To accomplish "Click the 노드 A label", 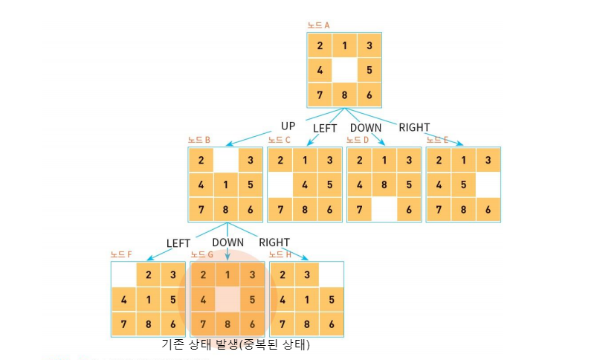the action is click(319, 25).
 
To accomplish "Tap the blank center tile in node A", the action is click(344, 71).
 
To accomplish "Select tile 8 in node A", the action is click(344, 95).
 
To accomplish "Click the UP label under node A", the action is click(288, 126).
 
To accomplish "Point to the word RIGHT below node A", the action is click(414, 127).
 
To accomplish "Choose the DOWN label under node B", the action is click(227, 242).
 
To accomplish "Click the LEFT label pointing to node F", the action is click(178, 243).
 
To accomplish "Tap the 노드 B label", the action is click(199, 140).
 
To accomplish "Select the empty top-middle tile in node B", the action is click(226, 160).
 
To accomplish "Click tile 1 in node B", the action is click(226, 184).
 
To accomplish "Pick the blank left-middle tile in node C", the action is click(280, 184).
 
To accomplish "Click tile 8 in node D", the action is click(384, 184).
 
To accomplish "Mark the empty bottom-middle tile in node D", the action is click(384, 209).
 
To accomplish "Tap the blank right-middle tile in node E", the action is click(487, 184).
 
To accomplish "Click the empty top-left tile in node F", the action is click(123, 275).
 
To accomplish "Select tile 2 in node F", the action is click(149, 275).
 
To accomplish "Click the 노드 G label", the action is click(202, 254).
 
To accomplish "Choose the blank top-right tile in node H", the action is click(331, 275).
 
